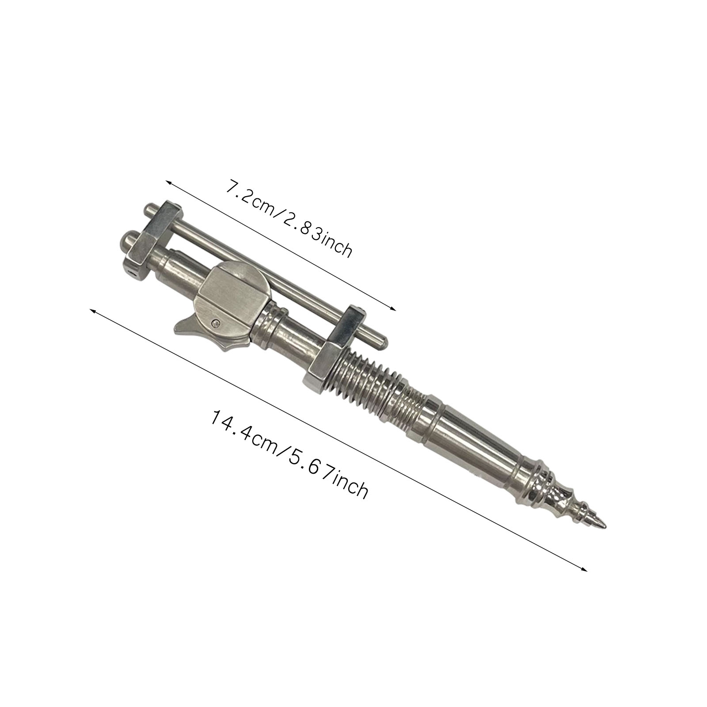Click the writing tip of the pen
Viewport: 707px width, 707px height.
point(604,526)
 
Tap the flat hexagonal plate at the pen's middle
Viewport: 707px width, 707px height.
point(230,292)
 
